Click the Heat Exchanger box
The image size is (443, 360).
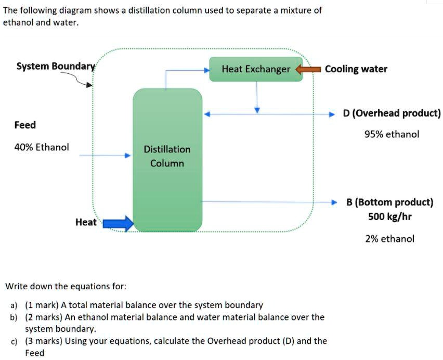point(256,69)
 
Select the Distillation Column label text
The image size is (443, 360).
point(167,156)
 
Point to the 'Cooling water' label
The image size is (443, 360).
point(356,69)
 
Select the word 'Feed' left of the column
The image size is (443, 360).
point(25,125)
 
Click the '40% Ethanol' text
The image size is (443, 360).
point(42,147)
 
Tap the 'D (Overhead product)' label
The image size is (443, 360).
point(392,113)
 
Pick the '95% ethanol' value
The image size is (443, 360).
point(392,134)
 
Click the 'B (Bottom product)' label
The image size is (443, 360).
point(390,202)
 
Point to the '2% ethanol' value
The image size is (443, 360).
point(390,239)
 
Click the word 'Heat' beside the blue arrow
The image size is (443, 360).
point(86,222)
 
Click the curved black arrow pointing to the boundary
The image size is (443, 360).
point(78,79)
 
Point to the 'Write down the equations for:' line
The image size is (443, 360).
point(66,286)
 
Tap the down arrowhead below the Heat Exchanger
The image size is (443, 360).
point(257,110)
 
